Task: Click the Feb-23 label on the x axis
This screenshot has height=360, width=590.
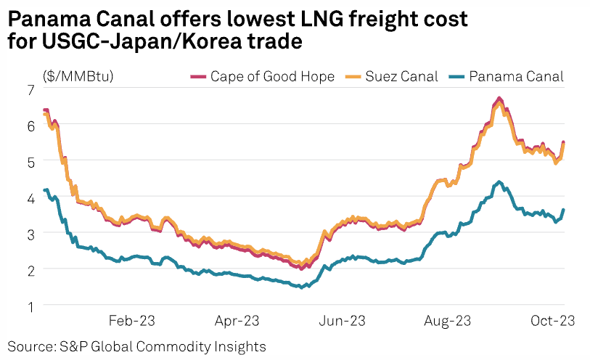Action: coord(131,322)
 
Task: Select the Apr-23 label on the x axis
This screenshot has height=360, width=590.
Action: coord(237,322)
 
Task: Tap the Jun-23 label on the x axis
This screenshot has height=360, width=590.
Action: coord(343,322)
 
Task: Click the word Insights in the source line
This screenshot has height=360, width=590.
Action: coord(239,345)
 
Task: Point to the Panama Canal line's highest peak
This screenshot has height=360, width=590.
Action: coord(499,181)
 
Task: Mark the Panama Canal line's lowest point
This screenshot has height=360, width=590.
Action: coord(302,287)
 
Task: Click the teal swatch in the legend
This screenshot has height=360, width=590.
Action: coord(456,76)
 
